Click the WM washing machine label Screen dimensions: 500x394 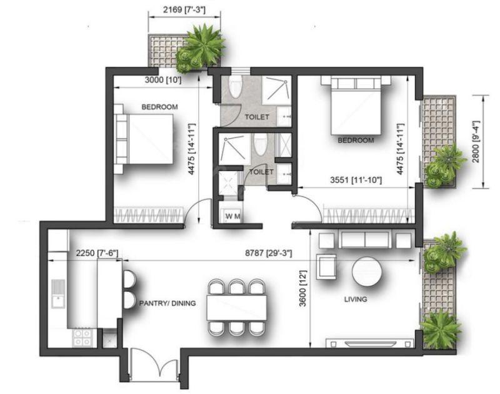pos(232,217)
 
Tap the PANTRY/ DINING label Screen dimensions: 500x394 pos(167,303)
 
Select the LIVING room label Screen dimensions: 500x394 pos(356,299)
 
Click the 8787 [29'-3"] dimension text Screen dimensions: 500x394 pos(269,254)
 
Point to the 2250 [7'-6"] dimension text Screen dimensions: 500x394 pos(97,254)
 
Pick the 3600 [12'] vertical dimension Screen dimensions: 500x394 pos(302,288)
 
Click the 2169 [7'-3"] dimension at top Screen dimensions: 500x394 pos(184,10)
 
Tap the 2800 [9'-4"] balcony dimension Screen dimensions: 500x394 pos(476,141)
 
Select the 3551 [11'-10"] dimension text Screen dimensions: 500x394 pos(356,180)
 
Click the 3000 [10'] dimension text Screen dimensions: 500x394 pos(163,80)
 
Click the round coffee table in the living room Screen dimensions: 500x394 pos(367,272)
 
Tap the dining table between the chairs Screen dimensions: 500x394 pos(237,308)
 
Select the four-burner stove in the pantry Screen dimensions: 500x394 pos(82,338)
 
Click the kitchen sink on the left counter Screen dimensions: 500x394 pos(58,293)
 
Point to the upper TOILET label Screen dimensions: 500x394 pos(257,117)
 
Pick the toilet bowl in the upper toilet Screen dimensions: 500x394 pos(236,86)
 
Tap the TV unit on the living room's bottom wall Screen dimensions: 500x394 pos(369,343)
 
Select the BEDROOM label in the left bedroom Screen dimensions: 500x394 pos(159,107)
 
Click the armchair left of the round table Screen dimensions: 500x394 pos(326,267)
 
